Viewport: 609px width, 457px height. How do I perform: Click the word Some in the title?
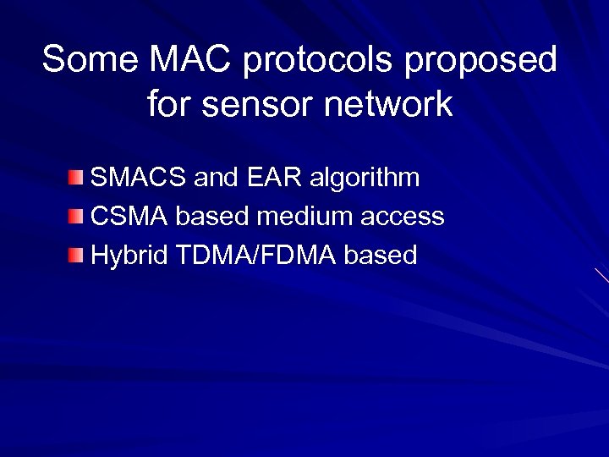coord(91,60)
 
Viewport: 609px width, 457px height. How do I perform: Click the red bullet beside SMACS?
coord(77,178)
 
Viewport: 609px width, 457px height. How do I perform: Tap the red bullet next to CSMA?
coord(77,217)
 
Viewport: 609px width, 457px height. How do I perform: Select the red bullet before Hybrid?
coord(77,255)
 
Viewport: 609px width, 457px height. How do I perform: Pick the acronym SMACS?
coord(139,178)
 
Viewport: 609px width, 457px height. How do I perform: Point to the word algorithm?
coord(365,179)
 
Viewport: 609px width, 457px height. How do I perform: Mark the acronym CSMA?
coord(129,217)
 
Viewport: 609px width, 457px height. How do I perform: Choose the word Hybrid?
coord(129,256)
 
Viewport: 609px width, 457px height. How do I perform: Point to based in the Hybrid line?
coord(381,255)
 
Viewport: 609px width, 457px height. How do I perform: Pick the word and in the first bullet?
coord(217,178)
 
